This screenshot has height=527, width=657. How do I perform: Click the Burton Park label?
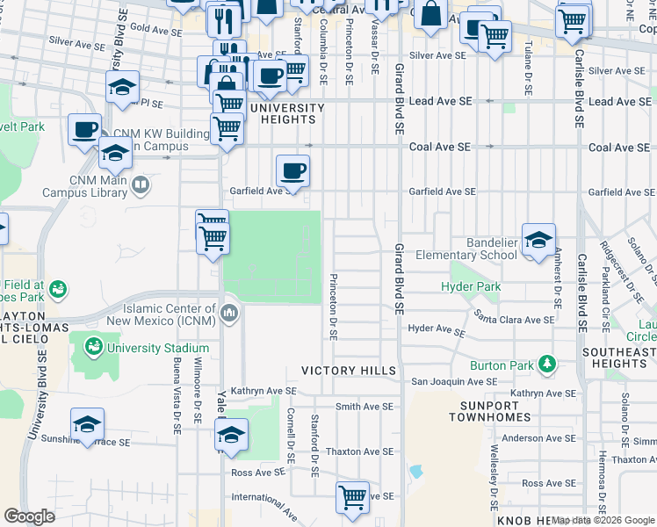[502, 365]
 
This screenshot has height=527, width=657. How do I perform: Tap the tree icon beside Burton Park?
[546, 363]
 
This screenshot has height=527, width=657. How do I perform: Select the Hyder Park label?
[471, 287]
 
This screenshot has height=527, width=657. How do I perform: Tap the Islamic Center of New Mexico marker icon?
[229, 313]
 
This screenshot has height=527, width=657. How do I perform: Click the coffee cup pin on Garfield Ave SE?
[292, 170]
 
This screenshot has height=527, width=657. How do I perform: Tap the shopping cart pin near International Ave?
[352, 496]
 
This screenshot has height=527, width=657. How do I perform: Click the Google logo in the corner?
[29, 516]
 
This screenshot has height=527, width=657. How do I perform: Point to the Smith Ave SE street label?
[364, 407]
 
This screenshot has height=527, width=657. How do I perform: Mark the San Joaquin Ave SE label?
[454, 382]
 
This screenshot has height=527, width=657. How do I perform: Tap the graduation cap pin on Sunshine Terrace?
[87, 425]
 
